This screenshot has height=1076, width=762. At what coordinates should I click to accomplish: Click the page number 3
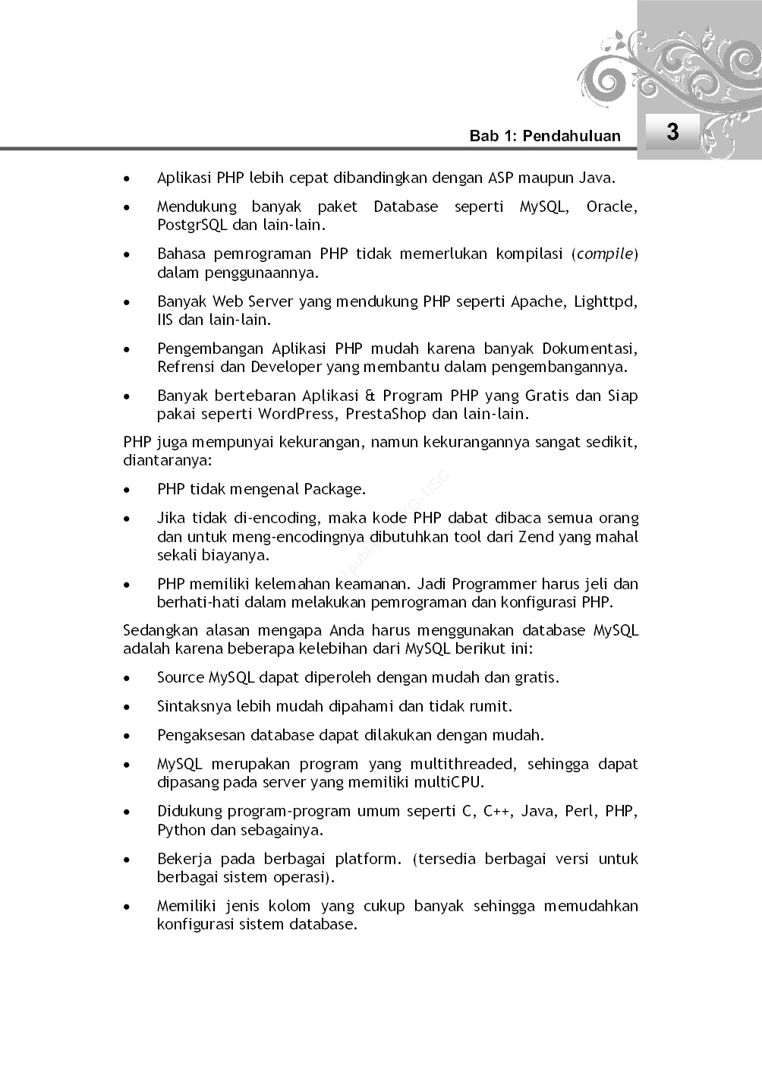click(672, 132)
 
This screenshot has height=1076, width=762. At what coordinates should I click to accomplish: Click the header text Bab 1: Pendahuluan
click(544, 136)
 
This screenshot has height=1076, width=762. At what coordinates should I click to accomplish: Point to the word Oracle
click(611, 207)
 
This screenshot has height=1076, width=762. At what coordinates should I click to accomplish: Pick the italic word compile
click(605, 254)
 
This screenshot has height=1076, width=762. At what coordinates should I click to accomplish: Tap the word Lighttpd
click(605, 302)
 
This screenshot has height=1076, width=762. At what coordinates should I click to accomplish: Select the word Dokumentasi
click(589, 349)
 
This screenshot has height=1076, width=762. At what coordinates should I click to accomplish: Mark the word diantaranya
click(167, 461)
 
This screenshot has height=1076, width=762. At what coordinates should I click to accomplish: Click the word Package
click(335, 490)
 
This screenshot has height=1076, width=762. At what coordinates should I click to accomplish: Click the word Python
click(181, 830)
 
